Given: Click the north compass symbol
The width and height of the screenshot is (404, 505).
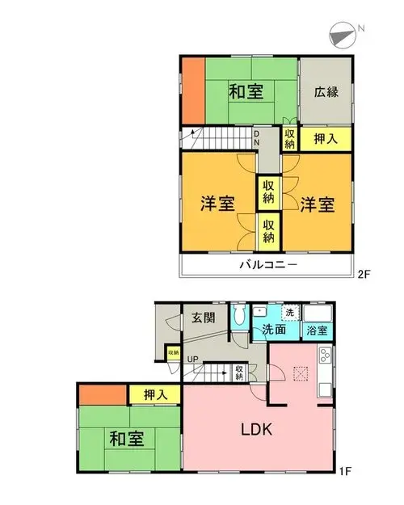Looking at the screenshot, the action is (343, 36).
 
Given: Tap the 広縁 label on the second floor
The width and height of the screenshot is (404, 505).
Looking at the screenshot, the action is (326, 92).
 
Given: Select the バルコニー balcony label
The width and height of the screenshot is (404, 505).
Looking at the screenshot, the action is (268, 265).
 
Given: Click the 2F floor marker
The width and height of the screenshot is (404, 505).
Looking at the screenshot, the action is (364, 274).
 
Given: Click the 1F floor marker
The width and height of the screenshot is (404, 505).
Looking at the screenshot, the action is (345, 471).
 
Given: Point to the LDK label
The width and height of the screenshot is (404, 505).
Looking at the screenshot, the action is (257, 429).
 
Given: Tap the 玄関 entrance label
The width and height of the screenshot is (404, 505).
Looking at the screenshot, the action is (204, 318).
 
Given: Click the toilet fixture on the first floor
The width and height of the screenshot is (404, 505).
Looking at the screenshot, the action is (239, 314).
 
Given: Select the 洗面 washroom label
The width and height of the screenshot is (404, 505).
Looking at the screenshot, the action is (274, 329).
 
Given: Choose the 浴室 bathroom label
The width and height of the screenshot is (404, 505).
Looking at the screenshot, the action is (317, 330).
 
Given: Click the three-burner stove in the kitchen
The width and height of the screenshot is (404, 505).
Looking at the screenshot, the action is (325, 356).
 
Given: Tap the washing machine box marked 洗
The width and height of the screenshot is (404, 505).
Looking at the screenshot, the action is (289, 313).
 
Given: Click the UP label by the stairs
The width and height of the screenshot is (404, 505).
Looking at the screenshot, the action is (192, 359).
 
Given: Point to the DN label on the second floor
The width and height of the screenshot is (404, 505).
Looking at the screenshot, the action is (256, 137).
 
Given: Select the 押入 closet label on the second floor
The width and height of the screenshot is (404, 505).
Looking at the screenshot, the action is (326, 139).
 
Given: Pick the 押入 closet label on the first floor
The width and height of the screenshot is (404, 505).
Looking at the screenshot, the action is (155, 394).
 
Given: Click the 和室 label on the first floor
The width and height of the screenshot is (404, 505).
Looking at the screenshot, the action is (127, 438).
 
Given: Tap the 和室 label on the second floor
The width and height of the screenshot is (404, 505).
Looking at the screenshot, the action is (246, 91).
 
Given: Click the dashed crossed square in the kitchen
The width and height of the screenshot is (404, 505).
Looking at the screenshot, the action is (301, 373).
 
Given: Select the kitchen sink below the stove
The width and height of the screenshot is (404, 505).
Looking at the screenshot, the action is (325, 389).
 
